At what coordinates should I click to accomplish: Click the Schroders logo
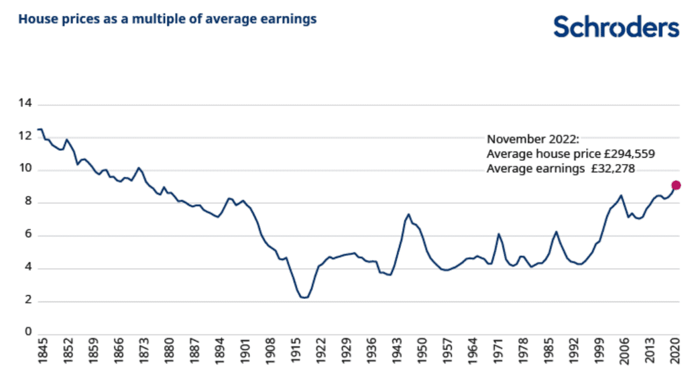tap(616, 27)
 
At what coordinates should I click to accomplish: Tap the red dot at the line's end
tap(676, 185)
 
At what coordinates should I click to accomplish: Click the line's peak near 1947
tap(409, 214)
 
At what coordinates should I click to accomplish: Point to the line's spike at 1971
tap(499, 234)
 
